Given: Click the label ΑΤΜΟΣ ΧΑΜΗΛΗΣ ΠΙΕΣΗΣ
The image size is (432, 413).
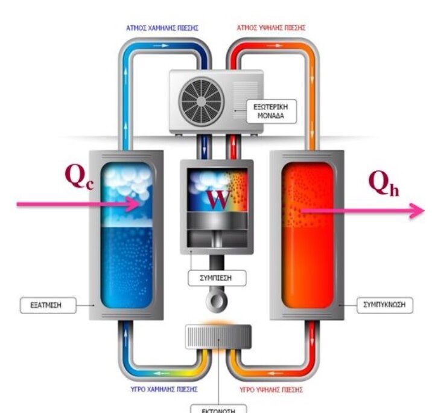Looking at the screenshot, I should tap(162, 28).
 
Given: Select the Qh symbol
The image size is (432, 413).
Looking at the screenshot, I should tap(384, 187).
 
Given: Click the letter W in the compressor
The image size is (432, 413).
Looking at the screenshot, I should tap(218, 199).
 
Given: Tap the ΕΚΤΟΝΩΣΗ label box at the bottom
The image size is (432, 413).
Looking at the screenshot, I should tap(218, 408).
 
